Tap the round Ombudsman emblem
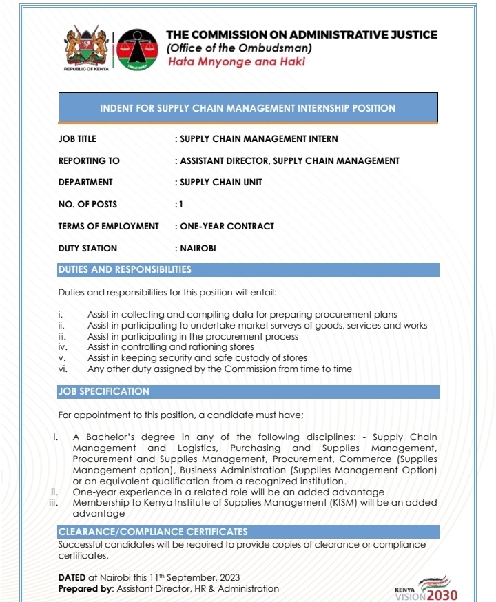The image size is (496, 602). tap(136, 50)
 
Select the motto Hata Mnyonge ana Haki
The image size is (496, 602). tap(236, 62)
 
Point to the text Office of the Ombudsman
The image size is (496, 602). tap(240, 48)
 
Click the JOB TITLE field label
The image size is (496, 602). tap(77, 138)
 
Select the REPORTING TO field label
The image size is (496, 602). tap(89, 160)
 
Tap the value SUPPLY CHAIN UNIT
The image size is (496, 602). tap(221, 183)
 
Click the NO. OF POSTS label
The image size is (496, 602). tap(87, 204)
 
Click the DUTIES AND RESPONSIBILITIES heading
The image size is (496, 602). tap(125, 269)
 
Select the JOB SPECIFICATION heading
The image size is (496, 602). tap(103, 391)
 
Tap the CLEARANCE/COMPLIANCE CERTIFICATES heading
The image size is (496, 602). tap(152, 532)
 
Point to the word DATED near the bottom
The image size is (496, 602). tap(72, 577)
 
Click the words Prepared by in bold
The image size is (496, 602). tap(85, 589)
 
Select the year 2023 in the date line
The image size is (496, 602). tap(228, 577)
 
